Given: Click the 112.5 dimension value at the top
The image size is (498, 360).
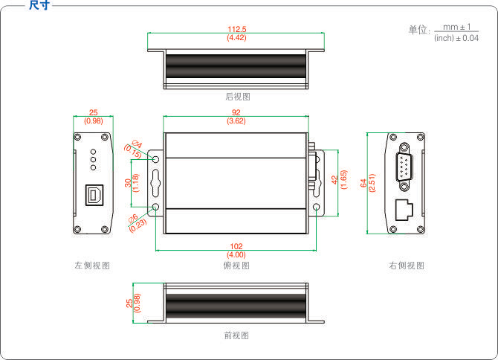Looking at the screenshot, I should point(236,30).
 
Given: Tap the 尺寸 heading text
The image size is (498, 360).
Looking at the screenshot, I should point(39,5).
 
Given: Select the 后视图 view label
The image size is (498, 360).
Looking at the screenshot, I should point(236,97).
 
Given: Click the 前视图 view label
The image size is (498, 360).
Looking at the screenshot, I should point(236,335).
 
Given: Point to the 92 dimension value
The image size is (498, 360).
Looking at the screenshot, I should point(236,113).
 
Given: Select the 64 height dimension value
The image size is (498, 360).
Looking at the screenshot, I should point(363,182).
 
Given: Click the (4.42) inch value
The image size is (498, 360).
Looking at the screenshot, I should point(236,38).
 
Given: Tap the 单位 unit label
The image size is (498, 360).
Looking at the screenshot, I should point(418,30).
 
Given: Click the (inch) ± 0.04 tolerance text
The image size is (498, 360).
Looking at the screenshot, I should point(456,38).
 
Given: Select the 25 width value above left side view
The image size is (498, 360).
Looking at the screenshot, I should point(93,112).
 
